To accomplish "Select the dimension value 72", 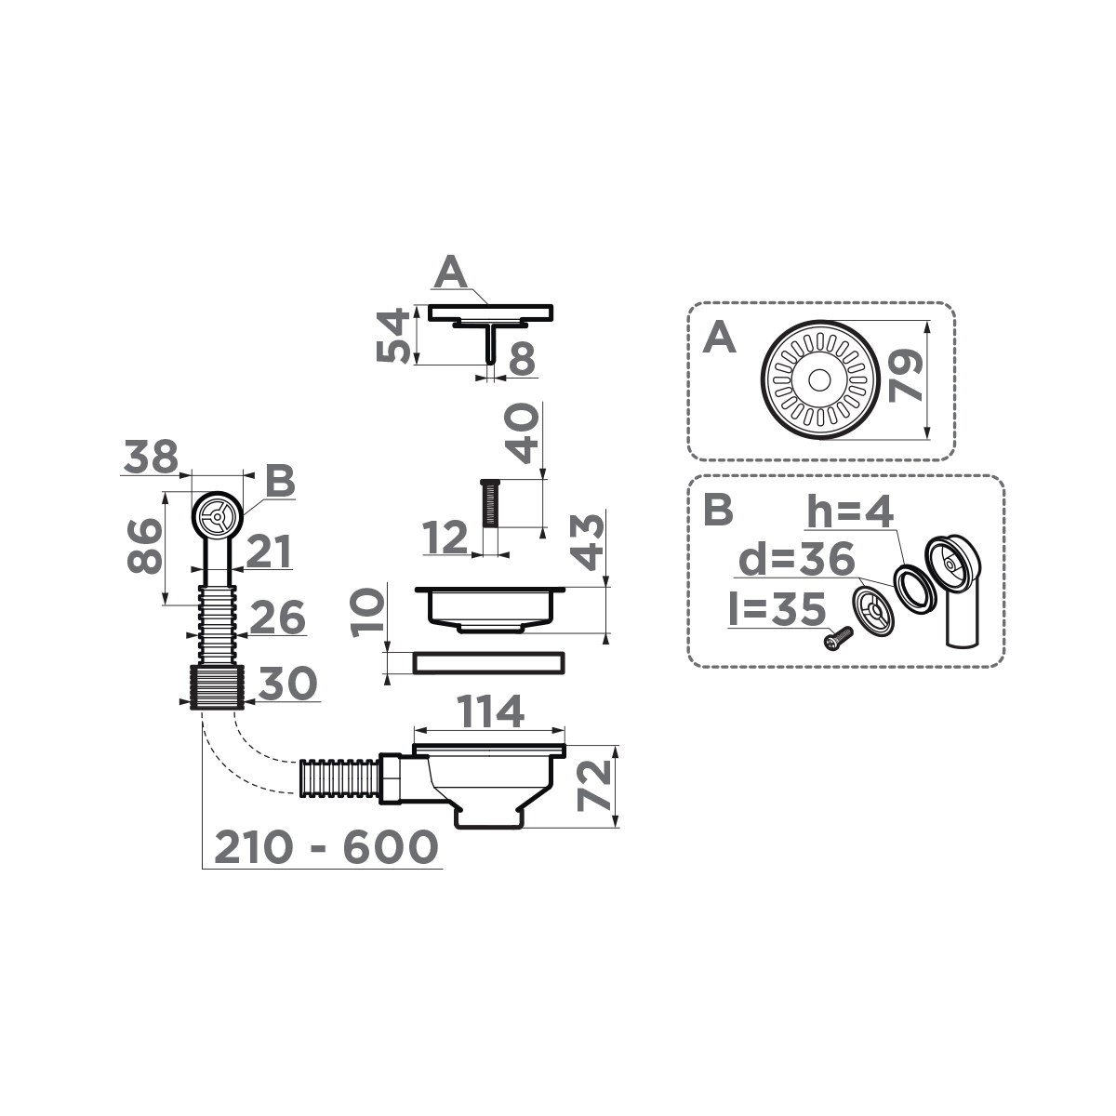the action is coord(595,786).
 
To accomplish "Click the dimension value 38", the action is coord(151,457).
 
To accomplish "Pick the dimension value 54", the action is coord(393,336).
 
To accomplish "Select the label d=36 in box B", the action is coord(797,559).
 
